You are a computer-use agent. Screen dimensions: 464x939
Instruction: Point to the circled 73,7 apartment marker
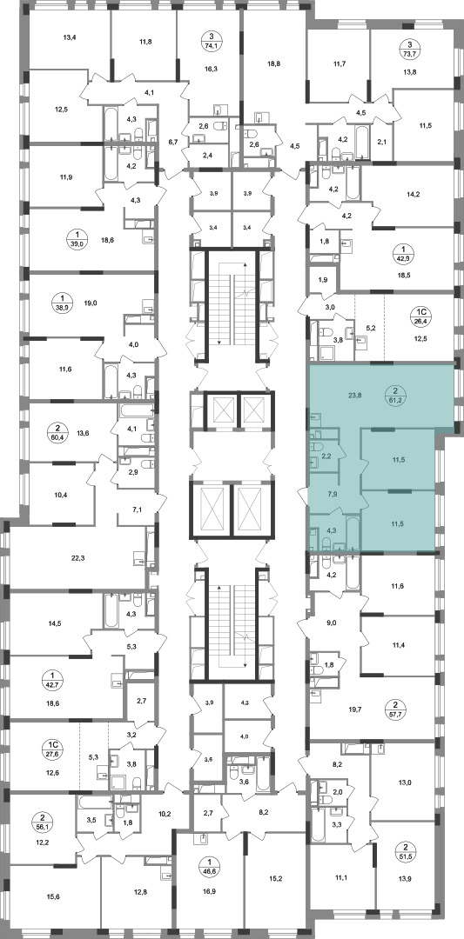(409, 47)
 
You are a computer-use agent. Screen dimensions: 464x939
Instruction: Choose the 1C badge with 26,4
(420, 315)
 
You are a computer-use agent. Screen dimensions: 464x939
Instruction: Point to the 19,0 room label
(91, 303)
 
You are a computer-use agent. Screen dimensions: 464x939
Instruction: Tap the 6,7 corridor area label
(173, 142)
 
